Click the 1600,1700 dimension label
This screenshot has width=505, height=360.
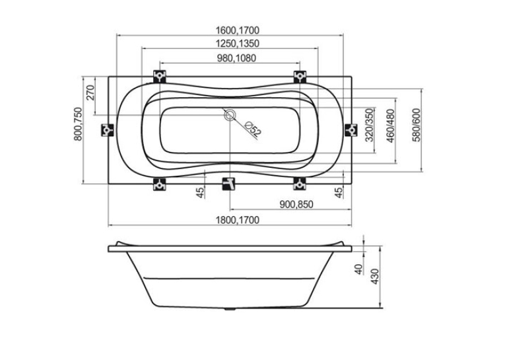pos(238,30)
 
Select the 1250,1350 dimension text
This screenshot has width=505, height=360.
pos(238,43)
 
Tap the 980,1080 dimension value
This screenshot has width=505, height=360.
pos(236,58)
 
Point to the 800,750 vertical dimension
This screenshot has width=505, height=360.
pos(79,124)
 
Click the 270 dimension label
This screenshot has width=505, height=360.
pos(91,93)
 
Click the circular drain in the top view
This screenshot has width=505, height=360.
pos(230,115)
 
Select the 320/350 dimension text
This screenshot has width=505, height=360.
pos(370,125)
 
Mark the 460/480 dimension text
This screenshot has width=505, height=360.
pos(391,126)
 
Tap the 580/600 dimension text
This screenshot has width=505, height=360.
pos(417,125)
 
